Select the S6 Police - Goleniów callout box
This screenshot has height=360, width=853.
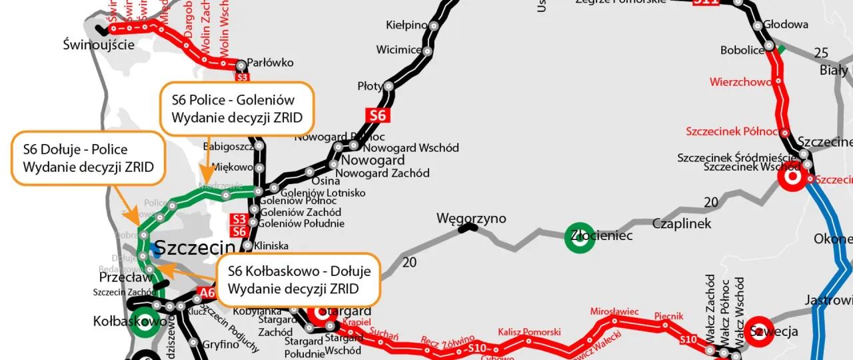(x=237, y=109)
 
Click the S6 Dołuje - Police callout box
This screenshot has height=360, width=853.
(x=87, y=158)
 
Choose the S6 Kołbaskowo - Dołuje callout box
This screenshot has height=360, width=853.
(x=298, y=279)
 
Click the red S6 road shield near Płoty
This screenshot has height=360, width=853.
(x=377, y=115)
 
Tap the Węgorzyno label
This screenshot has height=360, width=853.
(x=471, y=219)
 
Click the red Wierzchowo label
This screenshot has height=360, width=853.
(x=740, y=82)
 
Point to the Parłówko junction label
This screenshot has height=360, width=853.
(x=270, y=63)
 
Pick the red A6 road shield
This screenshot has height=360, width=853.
(x=207, y=292)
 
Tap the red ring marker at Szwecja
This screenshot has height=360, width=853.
(x=758, y=331)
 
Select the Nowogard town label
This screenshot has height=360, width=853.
(x=373, y=161)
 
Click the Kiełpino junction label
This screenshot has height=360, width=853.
(x=407, y=25)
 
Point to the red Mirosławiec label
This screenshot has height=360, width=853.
(x=614, y=311)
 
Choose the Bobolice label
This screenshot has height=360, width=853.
(x=741, y=51)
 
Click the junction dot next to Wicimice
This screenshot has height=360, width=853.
(x=427, y=51)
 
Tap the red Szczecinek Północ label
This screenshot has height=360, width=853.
(x=732, y=131)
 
